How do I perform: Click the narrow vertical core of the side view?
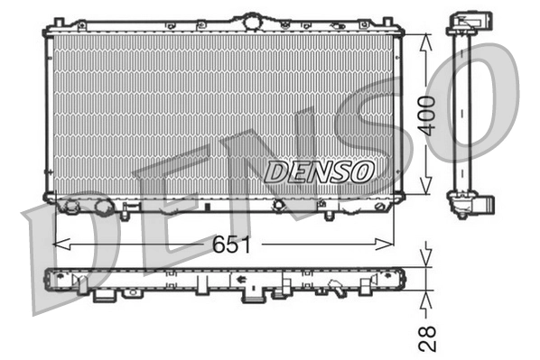coord(462,108)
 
